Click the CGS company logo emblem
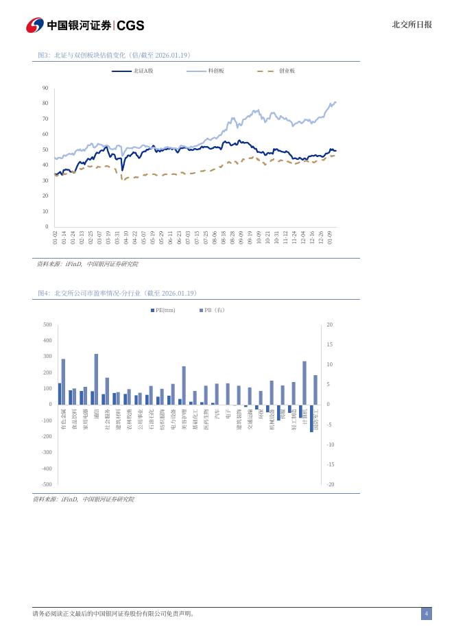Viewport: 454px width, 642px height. [34, 25]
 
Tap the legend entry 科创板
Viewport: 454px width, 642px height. [216, 71]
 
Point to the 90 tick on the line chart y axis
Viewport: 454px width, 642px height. [45, 88]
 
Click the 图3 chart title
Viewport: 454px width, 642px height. [114, 55]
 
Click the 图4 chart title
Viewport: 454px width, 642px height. [117, 293]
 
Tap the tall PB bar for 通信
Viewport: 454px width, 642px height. [96, 379]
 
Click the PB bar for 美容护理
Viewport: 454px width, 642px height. [184, 385]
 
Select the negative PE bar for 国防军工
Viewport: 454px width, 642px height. [311, 418]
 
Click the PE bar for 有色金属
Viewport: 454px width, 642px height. [60, 394]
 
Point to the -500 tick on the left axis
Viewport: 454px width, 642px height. [47, 484]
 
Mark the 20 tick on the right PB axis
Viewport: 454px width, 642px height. [330, 324]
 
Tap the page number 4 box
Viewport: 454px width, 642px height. [426, 613]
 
